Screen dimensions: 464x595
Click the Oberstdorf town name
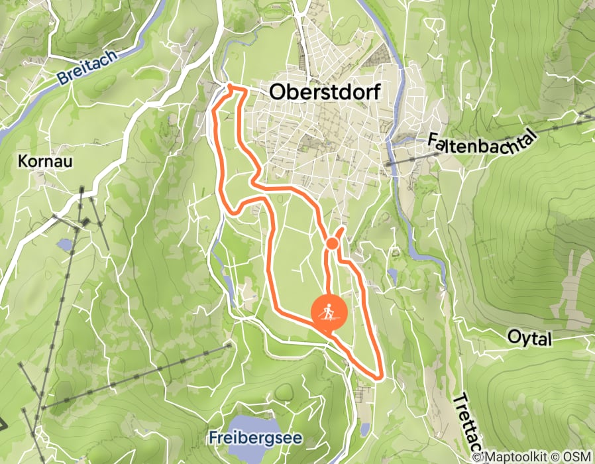point(325,93)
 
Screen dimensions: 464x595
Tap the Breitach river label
point(88,67)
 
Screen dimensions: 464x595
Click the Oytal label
point(529,339)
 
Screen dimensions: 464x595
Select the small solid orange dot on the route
point(333,245)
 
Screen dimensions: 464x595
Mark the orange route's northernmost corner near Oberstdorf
point(230,87)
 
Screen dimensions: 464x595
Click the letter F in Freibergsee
point(212,438)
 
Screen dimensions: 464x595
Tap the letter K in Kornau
point(24,161)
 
